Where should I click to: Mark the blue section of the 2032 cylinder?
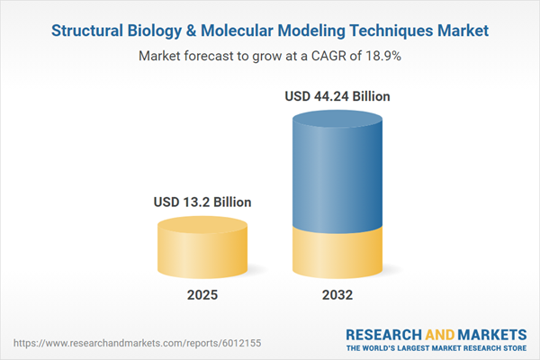tap(337, 171)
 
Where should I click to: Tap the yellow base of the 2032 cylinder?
tap(337, 252)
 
